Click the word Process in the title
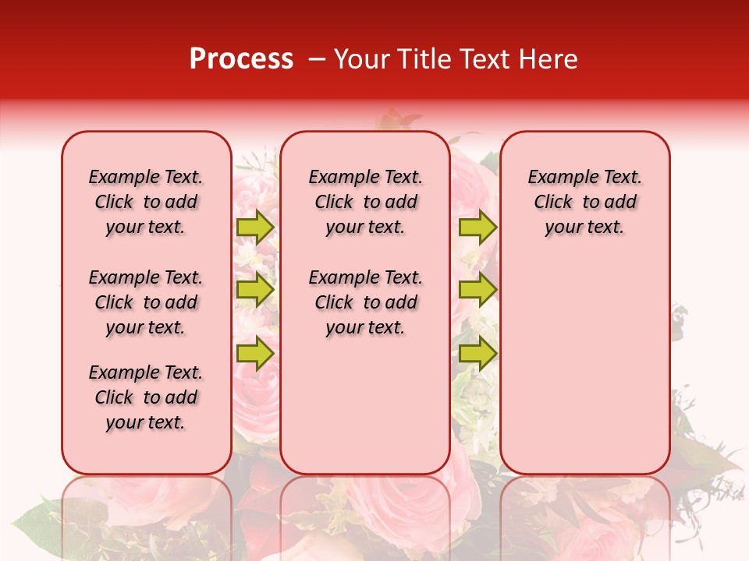[x=241, y=59]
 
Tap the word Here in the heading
[x=548, y=59]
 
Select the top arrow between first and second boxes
[x=254, y=227]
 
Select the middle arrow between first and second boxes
[x=254, y=290]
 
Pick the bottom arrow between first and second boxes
[x=254, y=353]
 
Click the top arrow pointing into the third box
[x=477, y=227]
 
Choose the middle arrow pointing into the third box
[x=477, y=290]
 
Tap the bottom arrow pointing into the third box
[x=477, y=353]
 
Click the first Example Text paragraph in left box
[x=146, y=202]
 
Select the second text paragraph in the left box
[x=146, y=302]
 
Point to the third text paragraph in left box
[x=146, y=397]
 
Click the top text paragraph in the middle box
[x=365, y=202]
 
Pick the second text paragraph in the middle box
[x=365, y=302]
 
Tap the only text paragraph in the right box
[x=584, y=202]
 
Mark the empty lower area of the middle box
[x=365, y=405]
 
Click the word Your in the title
[x=360, y=59]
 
